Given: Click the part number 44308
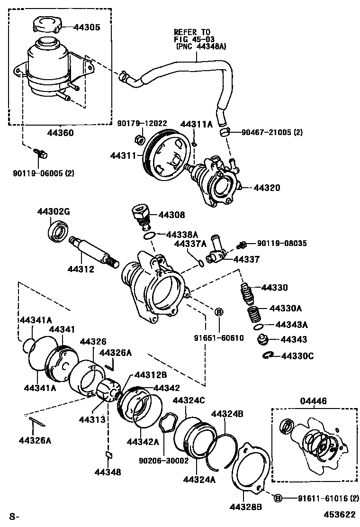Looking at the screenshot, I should [x=173, y=215].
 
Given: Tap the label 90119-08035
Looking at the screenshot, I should [x=282, y=244].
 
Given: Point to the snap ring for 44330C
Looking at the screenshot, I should [x=269, y=355].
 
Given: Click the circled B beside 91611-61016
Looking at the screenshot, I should [x=278, y=498].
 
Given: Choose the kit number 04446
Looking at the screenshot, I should [x=314, y=401].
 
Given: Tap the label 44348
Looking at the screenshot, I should [x=108, y=472].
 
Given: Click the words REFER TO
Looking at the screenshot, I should [x=191, y=32].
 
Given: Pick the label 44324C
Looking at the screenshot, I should [x=189, y=400].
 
